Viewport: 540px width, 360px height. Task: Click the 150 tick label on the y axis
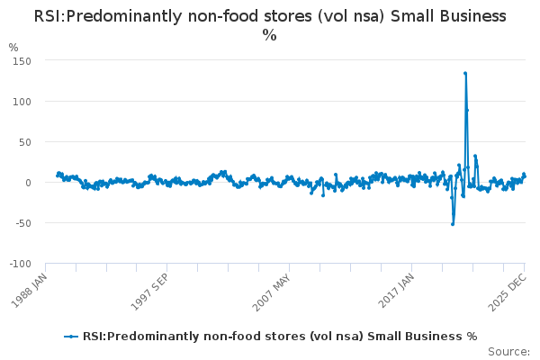pyautogui.click(x=21, y=60)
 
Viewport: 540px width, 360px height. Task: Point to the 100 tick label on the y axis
pyautogui.click(x=21, y=101)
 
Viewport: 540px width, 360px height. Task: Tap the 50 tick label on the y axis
pyautogui.click(x=23, y=141)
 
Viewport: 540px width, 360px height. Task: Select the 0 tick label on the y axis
pyautogui.click(x=27, y=183)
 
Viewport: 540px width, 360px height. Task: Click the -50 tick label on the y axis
pyautogui.click(x=22, y=223)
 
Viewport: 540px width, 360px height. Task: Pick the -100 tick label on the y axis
pyautogui.click(x=19, y=264)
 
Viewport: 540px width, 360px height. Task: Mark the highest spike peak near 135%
pyautogui.click(x=465, y=74)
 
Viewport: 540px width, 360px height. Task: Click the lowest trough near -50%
pyautogui.click(x=453, y=223)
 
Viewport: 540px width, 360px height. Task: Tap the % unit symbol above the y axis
pyautogui.click(x=13, y=47)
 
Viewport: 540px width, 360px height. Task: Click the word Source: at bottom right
pyautogui.click(x=508, y=352)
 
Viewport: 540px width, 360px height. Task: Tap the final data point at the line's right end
pyautogui.click(x=525, y=176)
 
